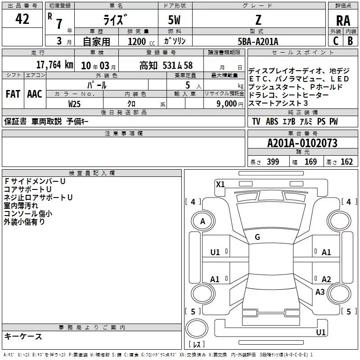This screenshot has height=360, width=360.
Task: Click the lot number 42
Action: (22, 19)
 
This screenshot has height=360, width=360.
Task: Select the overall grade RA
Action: (343, 21)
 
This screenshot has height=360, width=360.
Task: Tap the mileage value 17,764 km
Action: (55, 65)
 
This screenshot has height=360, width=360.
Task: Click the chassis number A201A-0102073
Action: (302, 143)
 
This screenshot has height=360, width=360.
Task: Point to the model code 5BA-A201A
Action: (258, 41)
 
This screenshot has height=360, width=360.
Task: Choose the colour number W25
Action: (74, 104)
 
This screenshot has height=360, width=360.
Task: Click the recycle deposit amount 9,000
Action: (227, 104)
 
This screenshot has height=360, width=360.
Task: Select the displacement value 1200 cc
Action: (141, 41)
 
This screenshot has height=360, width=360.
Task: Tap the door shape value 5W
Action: (174, 20)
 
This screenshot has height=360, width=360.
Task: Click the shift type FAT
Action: (13, 94)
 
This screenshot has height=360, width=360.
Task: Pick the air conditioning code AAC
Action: (35, 94)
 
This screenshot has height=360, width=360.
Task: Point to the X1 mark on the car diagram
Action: (220, 184)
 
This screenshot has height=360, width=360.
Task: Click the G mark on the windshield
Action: (257, 237)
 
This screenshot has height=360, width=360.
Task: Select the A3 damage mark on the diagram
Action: (320, 292)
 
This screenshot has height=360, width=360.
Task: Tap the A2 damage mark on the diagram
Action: (326, 279)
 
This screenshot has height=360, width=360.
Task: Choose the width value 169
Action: (310, 162)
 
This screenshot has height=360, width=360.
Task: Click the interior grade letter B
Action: (350, 41)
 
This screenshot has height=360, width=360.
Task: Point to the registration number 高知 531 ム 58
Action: (166, 65)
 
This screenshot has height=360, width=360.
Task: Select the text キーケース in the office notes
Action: (23, 336)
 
